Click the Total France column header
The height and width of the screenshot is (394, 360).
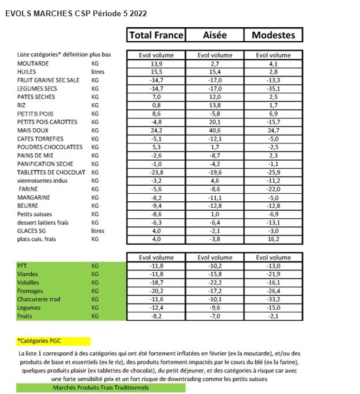click(156, 35)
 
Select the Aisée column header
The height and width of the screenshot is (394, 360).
click(214, 35)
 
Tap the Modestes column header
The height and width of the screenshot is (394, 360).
click(273, 35)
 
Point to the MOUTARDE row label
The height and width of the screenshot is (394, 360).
click(33, 63)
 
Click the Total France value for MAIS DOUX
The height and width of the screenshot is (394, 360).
click(156, 131)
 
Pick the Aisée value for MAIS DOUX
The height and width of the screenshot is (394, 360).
click(214, 131)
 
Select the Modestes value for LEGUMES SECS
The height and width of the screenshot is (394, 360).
click(273, 88)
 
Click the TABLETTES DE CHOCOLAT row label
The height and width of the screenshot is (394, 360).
click(51, 172)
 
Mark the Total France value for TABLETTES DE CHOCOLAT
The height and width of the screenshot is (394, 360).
click(156, 172)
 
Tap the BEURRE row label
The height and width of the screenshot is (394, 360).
click(28, 205)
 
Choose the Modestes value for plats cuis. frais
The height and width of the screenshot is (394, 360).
click(273, 239)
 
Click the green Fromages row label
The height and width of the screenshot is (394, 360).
click(31, 291)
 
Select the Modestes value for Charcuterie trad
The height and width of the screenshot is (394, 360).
click(273, 299)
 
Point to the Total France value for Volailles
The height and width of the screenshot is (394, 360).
click(156, 283)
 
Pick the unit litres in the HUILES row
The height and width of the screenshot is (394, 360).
click(99, 71)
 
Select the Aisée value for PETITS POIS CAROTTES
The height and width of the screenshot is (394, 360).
click(214, 122)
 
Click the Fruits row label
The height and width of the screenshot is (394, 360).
click(26, 316)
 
